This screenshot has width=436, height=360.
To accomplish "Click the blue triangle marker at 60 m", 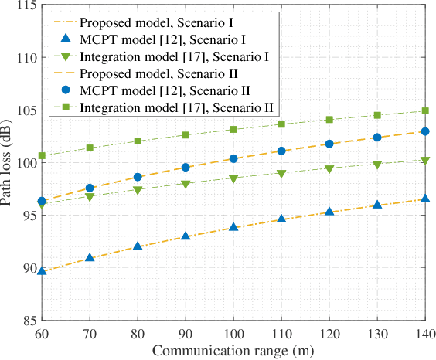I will pyautogui.click(x=43, y=270).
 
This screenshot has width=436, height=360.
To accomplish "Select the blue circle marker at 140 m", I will pyautogui.click(x=424, y=131).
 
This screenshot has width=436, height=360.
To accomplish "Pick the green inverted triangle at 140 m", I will pyautogui.click(x=424, y=161).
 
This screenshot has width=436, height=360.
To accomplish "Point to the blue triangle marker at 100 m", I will pyautogui.click(x=233, y=227).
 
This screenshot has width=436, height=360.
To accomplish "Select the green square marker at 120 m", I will pyautogui.click(x=329, y=120).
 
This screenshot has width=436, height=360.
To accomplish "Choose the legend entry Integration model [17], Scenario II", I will pyautogui.click(x=177, y=106).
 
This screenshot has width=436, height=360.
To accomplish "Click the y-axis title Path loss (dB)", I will pyautogui.click(x=9, y=163).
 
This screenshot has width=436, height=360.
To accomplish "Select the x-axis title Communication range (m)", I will pyautogui.click(x=233, y=350).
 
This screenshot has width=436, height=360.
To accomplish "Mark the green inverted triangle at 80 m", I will pyautogui.click(x=138, y=190).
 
